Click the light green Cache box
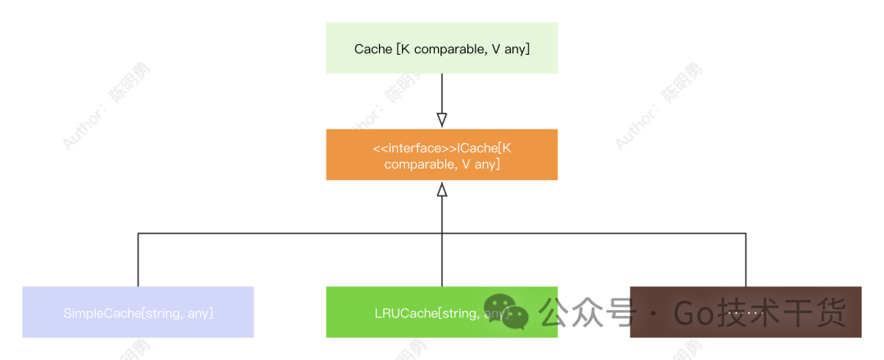point(441,47)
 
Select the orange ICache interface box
point(441,155)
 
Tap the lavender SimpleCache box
point(138,312)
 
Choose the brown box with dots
point(745,312)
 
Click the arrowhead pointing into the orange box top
point(442,120)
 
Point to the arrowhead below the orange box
point(442,190)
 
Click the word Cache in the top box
point(372,50)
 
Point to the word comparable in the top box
point(449,50)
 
